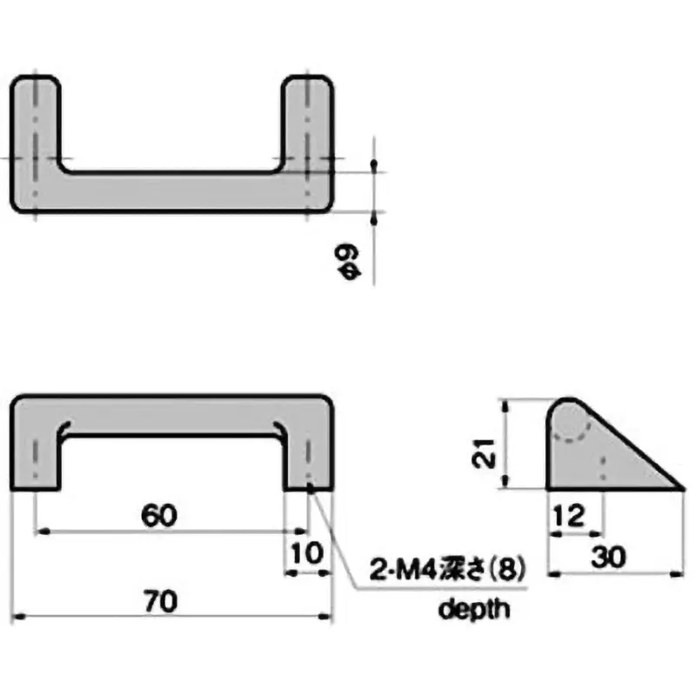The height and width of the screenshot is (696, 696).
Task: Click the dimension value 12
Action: click(567, 517)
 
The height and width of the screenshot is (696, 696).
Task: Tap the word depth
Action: click(472, 609)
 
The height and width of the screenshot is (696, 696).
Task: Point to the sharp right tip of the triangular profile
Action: click(680, 487)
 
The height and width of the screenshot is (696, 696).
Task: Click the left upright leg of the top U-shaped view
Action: click(35, 122)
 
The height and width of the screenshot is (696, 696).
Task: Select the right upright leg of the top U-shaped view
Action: click(308, 122)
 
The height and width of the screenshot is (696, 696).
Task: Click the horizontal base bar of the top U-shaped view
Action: click(171, 191)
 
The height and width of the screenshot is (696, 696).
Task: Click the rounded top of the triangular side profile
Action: click(568, 405)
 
